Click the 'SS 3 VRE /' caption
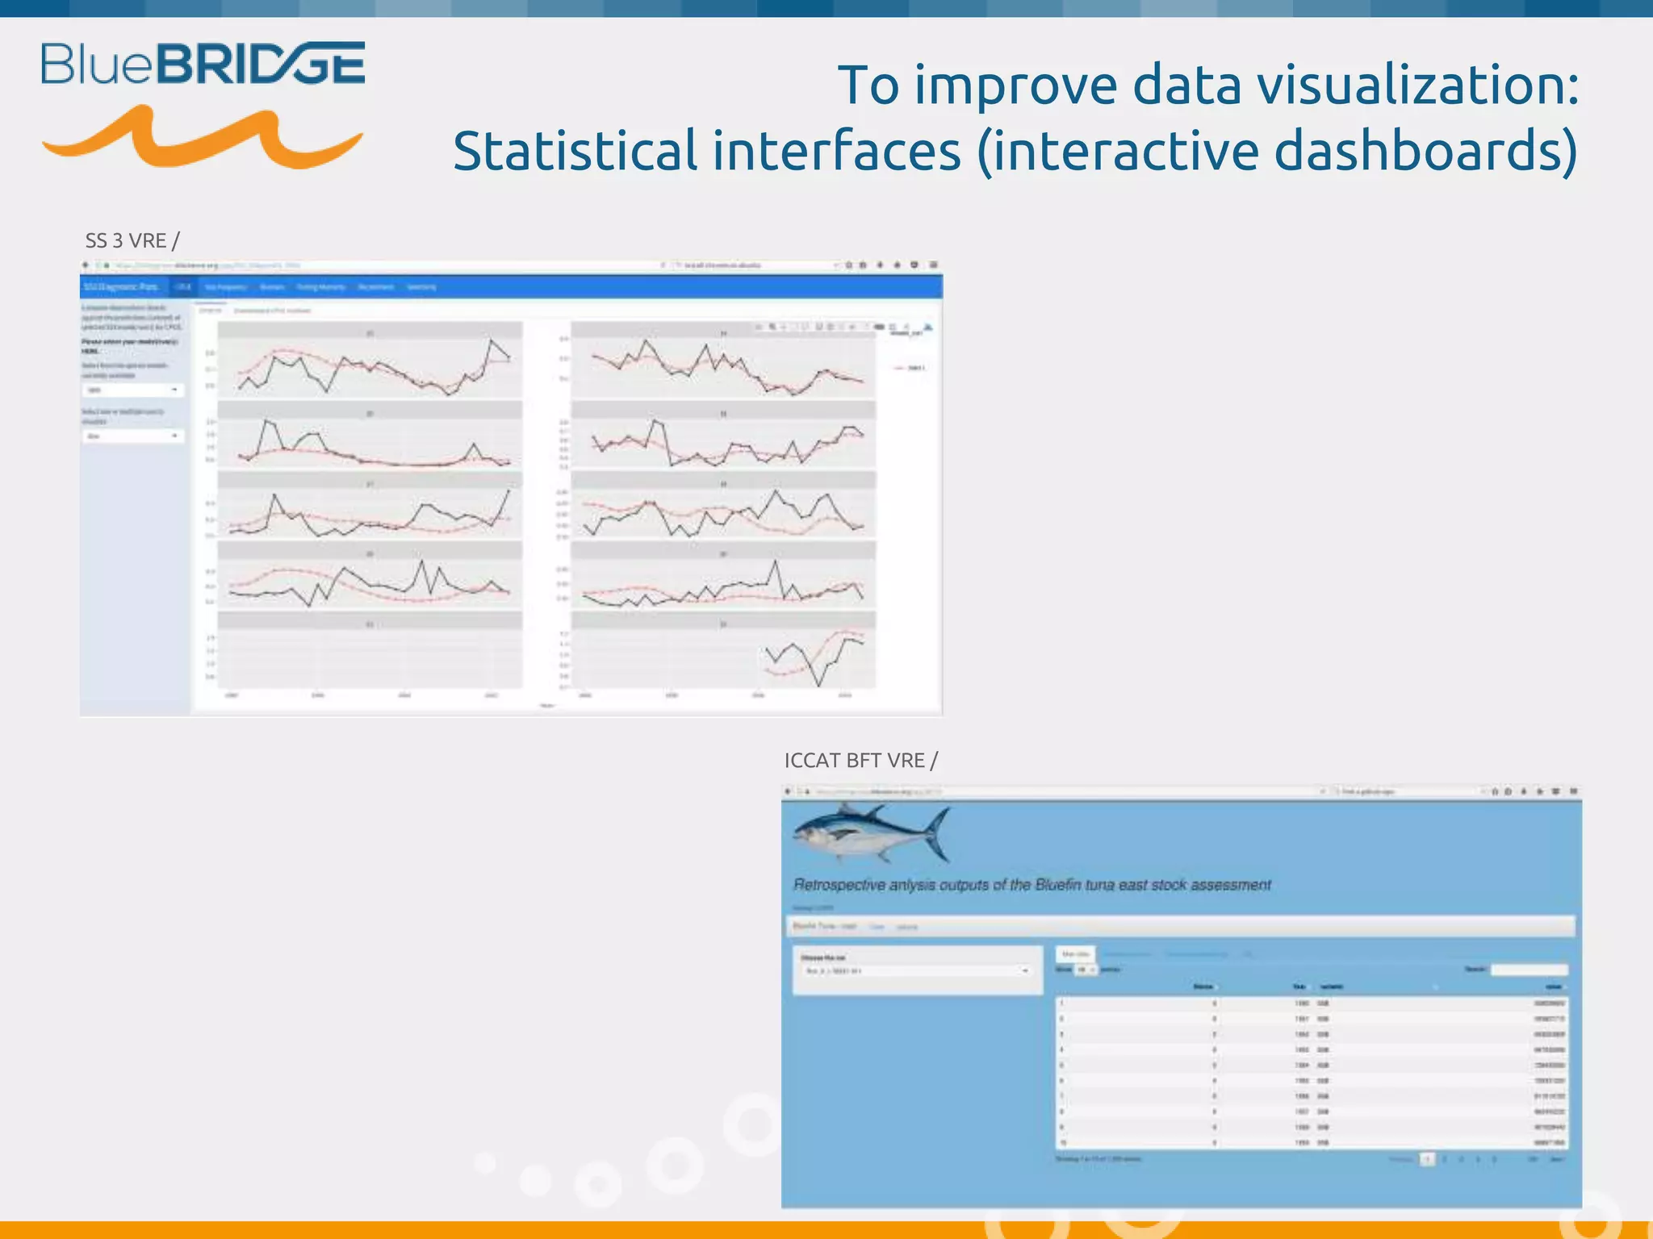point(132,240)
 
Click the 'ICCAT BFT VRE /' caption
point(860,761)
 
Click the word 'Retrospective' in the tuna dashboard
point(839,885)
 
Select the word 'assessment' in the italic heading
point(1232,885)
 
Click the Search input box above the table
point(1529,970)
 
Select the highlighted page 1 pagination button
point(1427,1159)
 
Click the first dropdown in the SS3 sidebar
point(133,390)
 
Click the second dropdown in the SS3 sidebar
point(133,436)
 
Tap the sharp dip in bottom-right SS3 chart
point(820,685)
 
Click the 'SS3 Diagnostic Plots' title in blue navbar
point(121,287)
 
